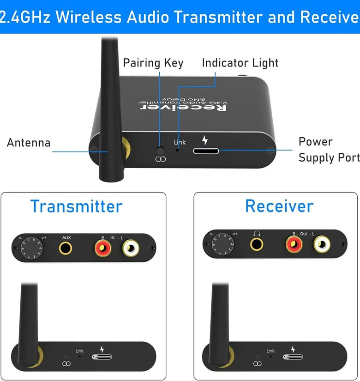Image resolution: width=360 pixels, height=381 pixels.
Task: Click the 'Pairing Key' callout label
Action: pyautogui.click(x=153, y=63)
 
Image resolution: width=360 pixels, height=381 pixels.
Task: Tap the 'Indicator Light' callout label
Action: pyautogui.click(x=240, y=63)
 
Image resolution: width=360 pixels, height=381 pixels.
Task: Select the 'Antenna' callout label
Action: pyautogui.click(x=29, y=143)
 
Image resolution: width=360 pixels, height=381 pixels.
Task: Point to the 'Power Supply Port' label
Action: pyautogui.click(x=329, y=150)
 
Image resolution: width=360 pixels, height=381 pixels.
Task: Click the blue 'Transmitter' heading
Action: pyautogui.click(x=76, y=206)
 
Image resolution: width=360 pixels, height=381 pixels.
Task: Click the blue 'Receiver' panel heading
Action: pyautogui.click(x=279, y=206)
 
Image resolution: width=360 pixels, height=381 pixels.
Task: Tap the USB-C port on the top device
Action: pyautogui.click(x=206, y=151)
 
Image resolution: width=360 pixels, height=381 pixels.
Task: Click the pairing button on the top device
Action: pyautogui.click(x=161, y=151)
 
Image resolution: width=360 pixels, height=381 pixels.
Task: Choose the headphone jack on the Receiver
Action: pyautogui.click(x=256, y=243)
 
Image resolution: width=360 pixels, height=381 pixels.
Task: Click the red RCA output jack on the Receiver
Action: pyautogui.click(x=294, y=244)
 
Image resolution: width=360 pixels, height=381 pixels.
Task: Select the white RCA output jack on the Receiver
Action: pyautogui.click(x=322, y=244)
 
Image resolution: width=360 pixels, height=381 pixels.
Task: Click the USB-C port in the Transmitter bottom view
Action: pyautogui.click(x=101, y=357)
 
